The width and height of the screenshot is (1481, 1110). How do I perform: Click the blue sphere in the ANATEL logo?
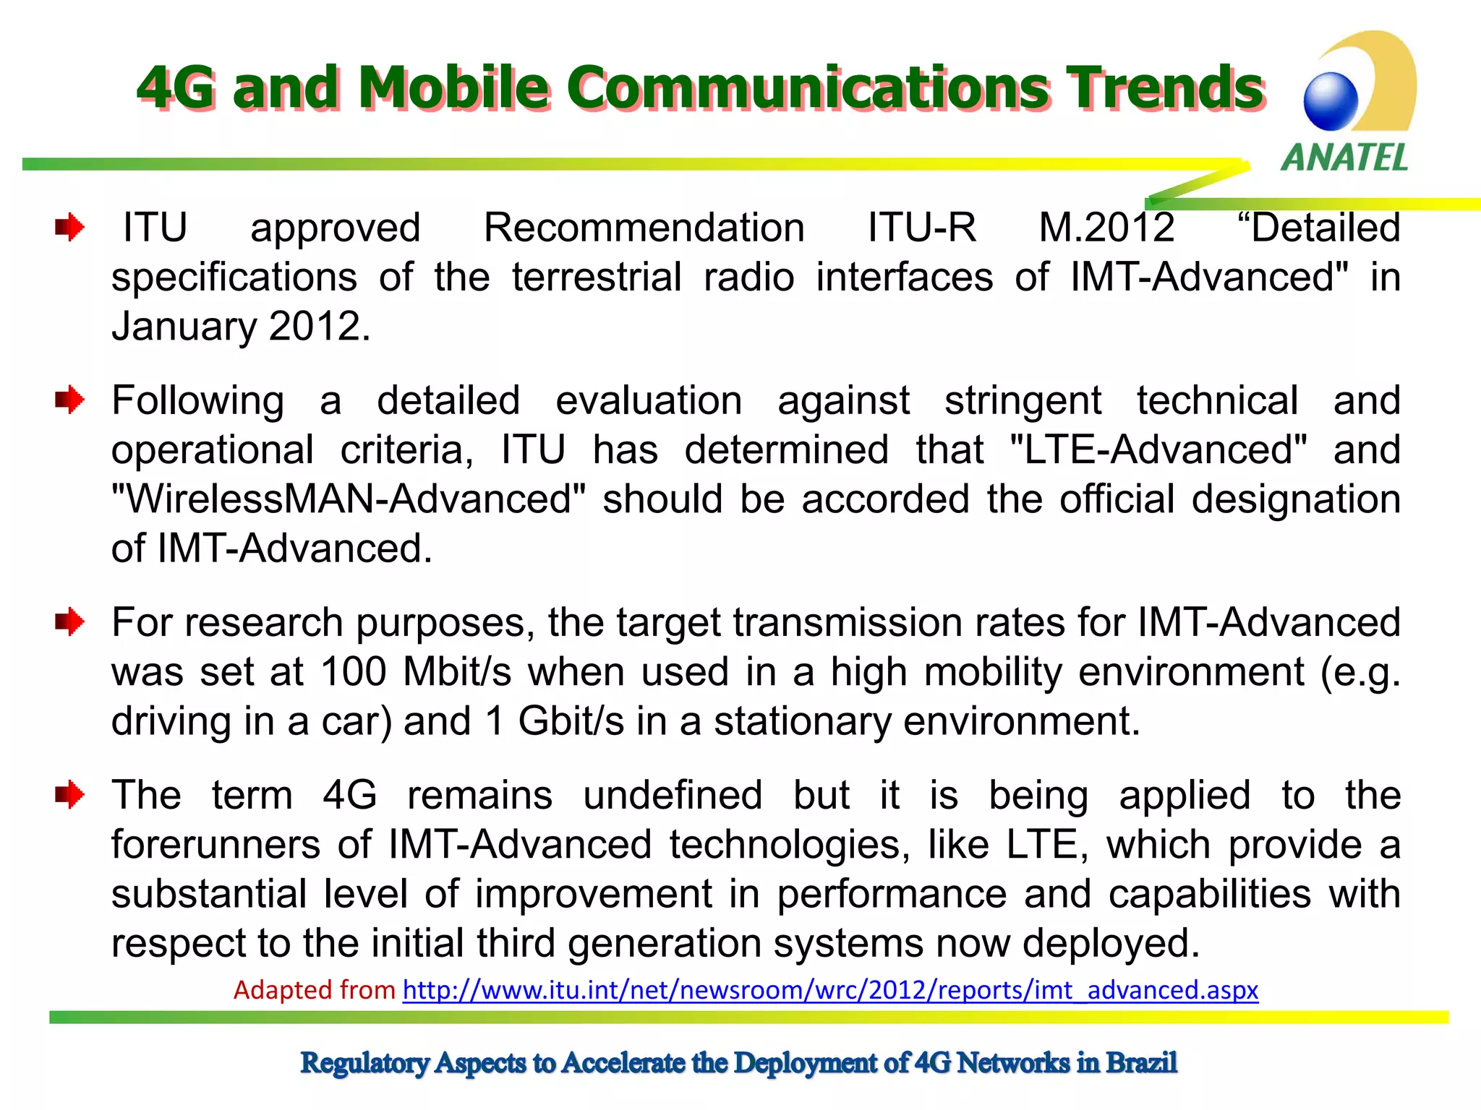tap(1331, 101)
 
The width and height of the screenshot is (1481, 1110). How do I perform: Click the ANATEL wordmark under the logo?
tap(1344, 158)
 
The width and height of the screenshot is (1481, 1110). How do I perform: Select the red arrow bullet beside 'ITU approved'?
tap(69, 228)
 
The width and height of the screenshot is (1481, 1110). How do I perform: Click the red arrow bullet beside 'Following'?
tap(69, 400)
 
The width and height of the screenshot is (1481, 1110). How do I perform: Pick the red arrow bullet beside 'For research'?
tap(69, 621)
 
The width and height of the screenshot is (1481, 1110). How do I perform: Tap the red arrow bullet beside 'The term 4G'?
tap(69, 795)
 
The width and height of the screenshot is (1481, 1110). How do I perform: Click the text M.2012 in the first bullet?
tap(1106, 228)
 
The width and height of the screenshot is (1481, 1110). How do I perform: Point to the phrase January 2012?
tap(241, 327)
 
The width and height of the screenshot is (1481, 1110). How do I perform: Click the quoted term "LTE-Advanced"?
tap(1158, 450)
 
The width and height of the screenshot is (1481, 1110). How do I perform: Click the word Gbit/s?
tap(571, 721)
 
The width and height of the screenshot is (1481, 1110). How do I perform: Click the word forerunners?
tap(215, 845)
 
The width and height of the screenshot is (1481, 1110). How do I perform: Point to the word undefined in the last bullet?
tap(673, 796)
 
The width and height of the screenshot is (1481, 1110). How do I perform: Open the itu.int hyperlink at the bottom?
tap(830, 989)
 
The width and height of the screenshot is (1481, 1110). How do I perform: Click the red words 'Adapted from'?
tap(315, 989)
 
